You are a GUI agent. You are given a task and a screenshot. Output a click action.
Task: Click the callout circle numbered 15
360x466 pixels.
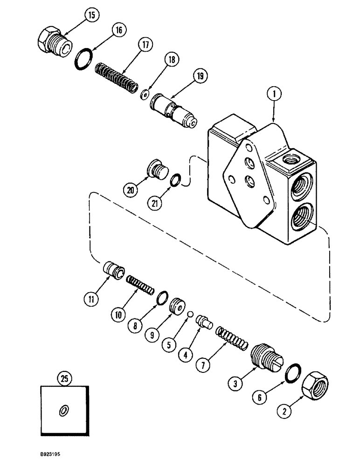pos(91,16)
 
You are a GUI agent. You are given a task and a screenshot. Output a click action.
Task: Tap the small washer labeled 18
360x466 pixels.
pos(145,95)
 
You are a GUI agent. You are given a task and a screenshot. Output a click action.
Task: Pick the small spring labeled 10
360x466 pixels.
pos(140,284)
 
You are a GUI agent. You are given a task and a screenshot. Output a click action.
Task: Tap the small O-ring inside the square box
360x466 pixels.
pos(63,410)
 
